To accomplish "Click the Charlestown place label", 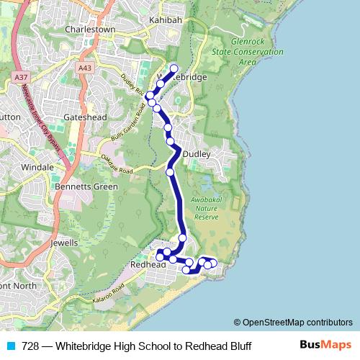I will click(90, 30).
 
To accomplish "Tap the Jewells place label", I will click(66, 243).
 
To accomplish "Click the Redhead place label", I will click(148, 265).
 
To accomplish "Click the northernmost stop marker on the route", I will click(174, 69).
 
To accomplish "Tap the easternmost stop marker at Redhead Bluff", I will click(213, 264).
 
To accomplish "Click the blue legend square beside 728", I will click(9, 346).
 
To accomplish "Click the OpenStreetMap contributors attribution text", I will click(293, 322).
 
